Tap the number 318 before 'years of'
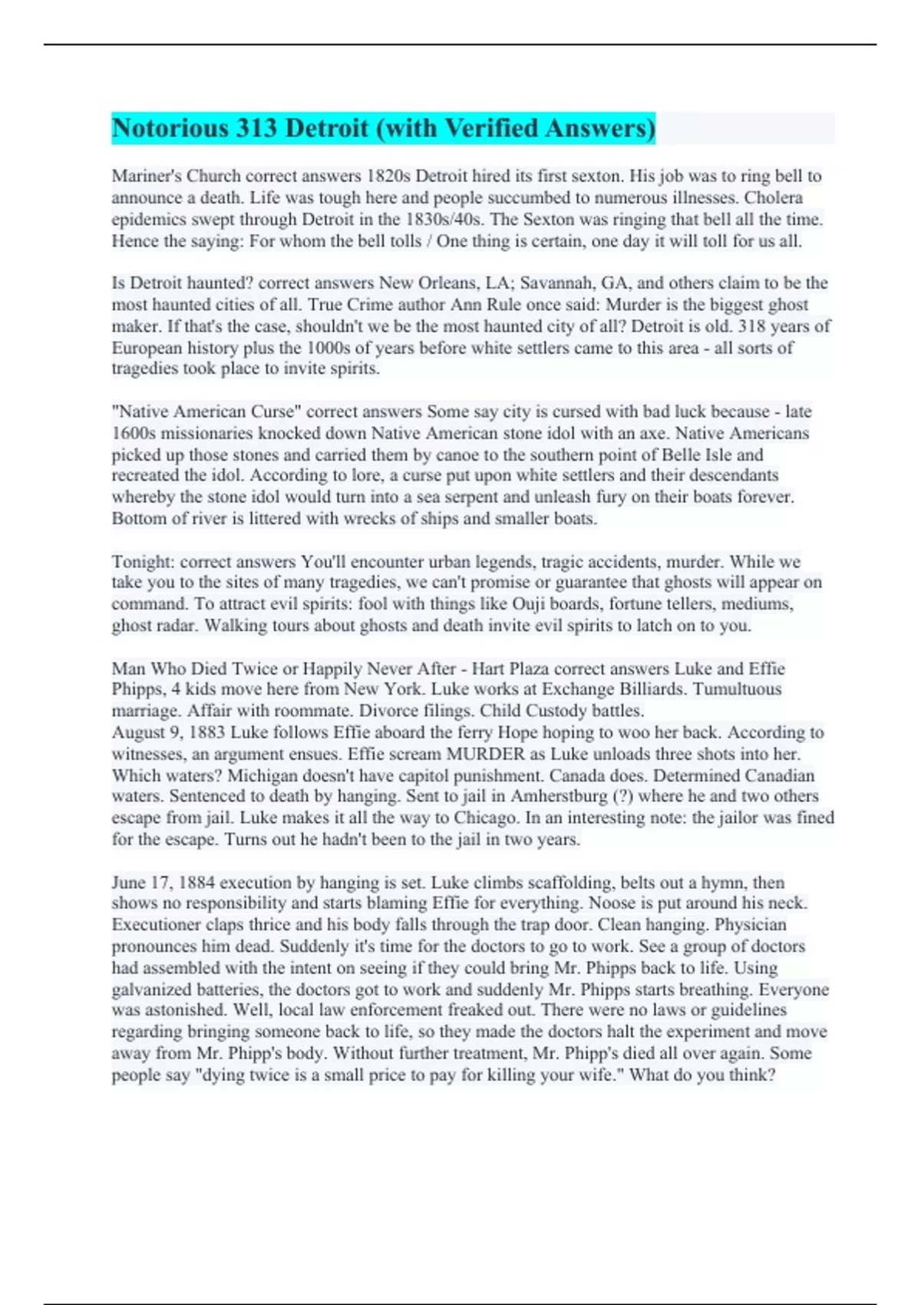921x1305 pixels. (752, 325)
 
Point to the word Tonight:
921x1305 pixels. (143, 561)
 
